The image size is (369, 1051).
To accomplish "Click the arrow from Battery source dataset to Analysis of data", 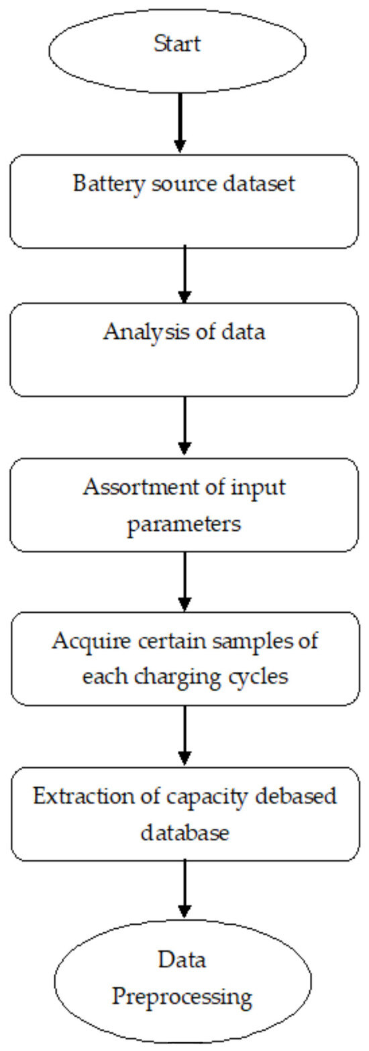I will point(184,274).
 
